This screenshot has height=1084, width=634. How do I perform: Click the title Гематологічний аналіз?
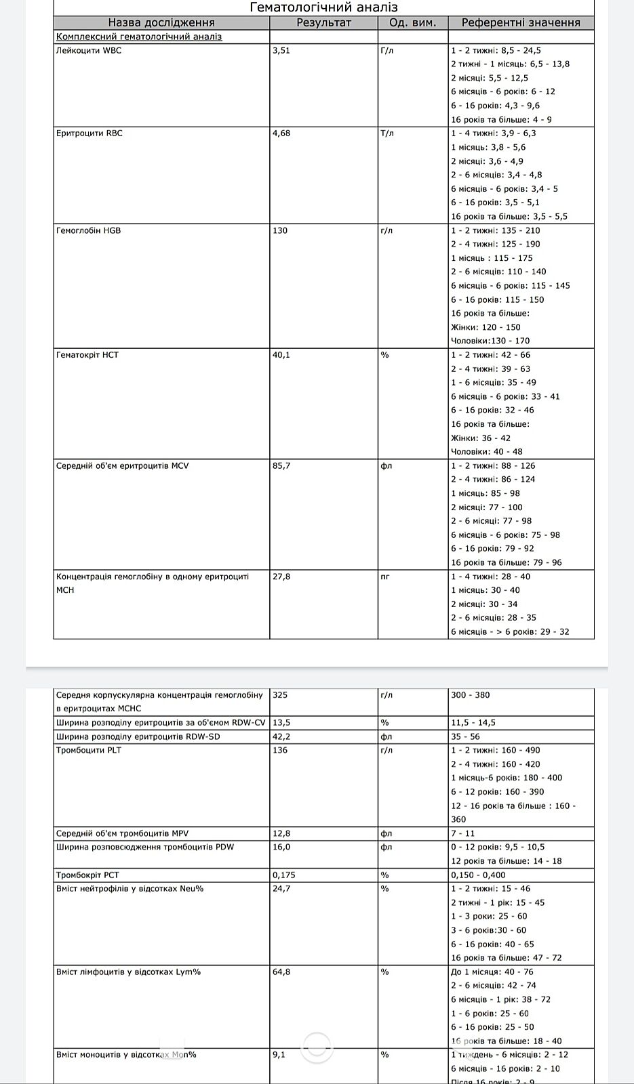click(x=323, y=7)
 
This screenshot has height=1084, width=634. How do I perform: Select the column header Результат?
click(x=323, y=22)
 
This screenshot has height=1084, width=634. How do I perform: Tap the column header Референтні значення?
click(x=520, y=22)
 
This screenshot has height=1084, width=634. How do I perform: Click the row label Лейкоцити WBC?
click(x=89, y=50)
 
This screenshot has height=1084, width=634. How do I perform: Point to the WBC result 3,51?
click(x=281, y=50)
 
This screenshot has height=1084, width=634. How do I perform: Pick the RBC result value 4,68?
click(x=281, y=133)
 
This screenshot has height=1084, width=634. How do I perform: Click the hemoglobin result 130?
click(x=279, y=230)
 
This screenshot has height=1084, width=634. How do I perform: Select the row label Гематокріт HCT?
click(x=87, y=355)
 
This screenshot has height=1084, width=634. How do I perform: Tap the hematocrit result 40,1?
click(x=281, y=355)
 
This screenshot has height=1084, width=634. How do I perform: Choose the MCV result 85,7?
click(x=281, y=465)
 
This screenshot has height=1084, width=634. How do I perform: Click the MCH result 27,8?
click(x=281, y=577)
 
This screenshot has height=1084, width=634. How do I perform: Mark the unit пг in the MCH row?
click(x=385, y=577)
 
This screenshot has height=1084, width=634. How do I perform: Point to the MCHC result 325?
click(x=279, y=694)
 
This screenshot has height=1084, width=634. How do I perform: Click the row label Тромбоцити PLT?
click(x=89, y=750)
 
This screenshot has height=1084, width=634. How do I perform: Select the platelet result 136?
click(x=279, y=750)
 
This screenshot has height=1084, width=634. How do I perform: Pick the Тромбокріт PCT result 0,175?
click(x=283, y=875)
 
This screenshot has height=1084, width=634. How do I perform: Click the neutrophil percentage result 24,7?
click(x=281, y=888)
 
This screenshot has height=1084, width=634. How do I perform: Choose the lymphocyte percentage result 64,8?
click(x=281, y=972)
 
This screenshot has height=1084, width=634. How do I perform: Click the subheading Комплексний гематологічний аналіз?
click(x=139, y=37)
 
